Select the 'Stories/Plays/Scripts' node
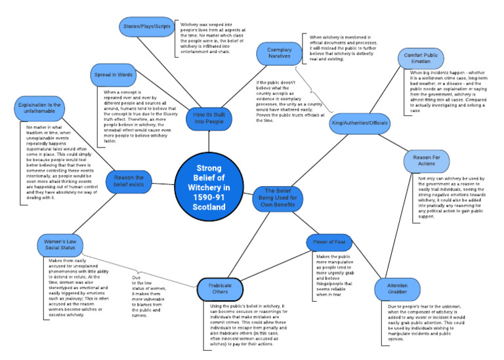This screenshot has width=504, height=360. [147, 26]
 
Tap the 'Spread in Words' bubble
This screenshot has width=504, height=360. [112, 75]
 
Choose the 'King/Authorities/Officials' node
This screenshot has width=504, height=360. [360, 123]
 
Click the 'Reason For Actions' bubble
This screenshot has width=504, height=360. [431, 160]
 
